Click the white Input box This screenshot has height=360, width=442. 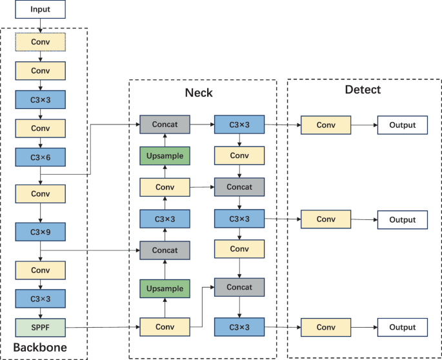tap(40, 10)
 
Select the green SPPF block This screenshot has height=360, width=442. tap(40, 328)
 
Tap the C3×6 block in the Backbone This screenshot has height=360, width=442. tap(40, 157)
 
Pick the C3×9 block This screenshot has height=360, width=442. tap(40, 230)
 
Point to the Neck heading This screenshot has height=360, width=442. tap(199, 93)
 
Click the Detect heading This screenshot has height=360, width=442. tap(362, 90)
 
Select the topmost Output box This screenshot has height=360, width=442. tap(402, 125)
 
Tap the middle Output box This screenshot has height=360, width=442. tap(402, 220)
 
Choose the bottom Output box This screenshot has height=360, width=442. tap(402, 328)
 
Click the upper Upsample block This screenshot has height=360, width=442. tap(165, 156)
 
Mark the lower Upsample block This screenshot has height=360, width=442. tap(165, 288)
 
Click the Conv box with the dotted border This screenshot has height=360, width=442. tap(40, 42)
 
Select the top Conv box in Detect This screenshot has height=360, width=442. tap(325, 125)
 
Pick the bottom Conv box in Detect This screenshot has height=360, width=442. tap(325, 328)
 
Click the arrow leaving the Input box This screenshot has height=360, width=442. tap(40, 25)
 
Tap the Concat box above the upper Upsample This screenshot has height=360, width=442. tap(165, 125)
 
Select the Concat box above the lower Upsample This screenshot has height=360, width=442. tap(165, 250)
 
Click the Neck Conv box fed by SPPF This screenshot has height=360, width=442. tap(165, 328)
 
